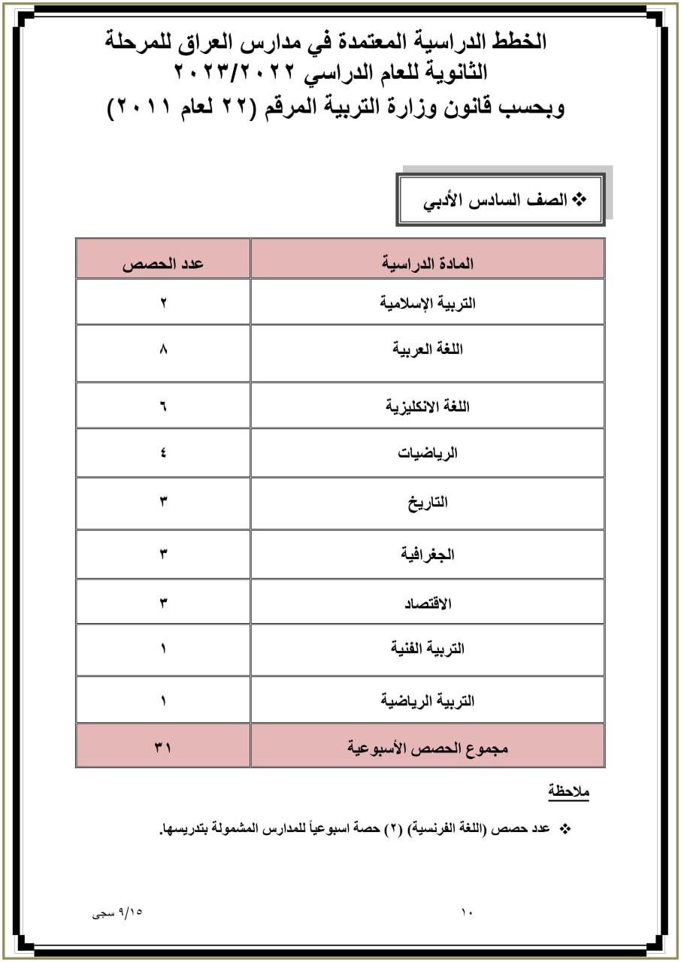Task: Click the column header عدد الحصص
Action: (163, 265)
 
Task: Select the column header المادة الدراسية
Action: (428, 265)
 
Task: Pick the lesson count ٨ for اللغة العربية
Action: (163, 349)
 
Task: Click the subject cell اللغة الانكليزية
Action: (428, 407)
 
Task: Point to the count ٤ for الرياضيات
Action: (163, 453)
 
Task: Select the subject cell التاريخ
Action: (428, 503)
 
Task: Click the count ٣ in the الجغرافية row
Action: (163, 555)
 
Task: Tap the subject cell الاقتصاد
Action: (428, 603)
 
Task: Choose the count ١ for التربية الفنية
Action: (163, 649)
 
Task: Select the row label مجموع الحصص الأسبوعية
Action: (428, 748)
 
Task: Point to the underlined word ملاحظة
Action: (568, 791)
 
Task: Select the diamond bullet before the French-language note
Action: (566, 828)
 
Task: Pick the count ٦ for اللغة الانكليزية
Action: (163, 407)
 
